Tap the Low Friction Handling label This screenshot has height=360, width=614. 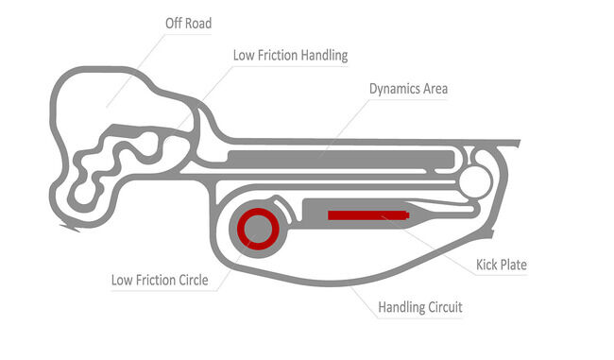(290, 55)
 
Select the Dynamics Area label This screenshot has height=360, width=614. (408, 89)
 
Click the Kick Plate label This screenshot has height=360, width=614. (500, 265)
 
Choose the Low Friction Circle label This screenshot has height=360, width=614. (159, 280)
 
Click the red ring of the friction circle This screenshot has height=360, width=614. (240, 228)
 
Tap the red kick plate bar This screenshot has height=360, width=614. (369, 215)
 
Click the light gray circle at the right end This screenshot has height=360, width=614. (475, 179)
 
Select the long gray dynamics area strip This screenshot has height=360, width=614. (340, 156)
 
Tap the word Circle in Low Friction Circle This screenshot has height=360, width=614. (188, 280)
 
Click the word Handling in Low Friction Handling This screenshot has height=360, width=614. (324, 55)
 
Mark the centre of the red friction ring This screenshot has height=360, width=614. (257, 228)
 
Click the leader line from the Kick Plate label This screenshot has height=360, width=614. (444, 242)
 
